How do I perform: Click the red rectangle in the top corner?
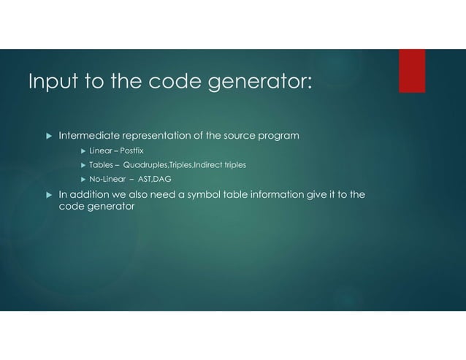tap(412, 71)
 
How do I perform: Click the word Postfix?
tap(132, 150)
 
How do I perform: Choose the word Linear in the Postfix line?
tap(101, 150)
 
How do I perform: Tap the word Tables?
tap(101, 166)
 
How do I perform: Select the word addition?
tap(91, 195)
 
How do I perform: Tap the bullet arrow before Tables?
tap(83, 166)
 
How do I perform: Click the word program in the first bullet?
tap(277, 135)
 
